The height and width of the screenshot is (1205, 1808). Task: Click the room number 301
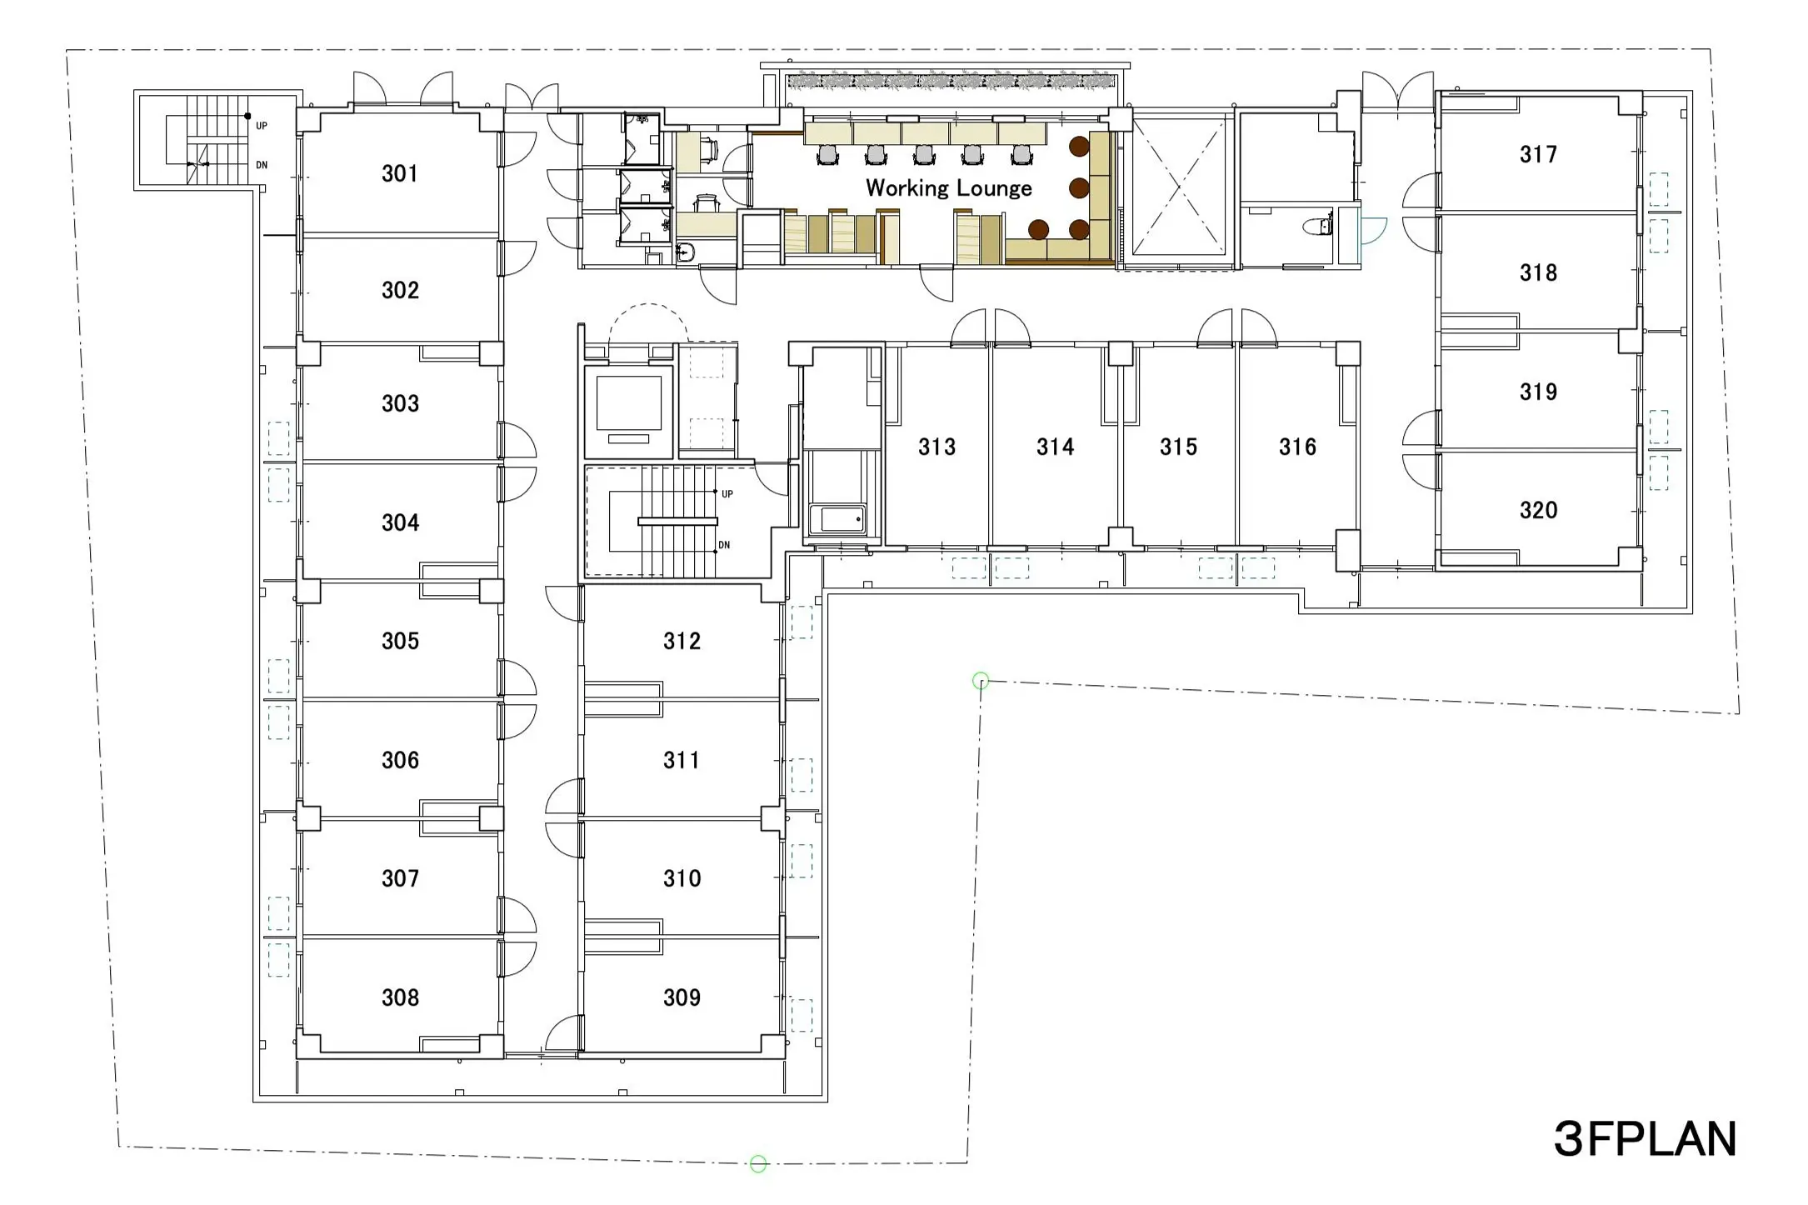pyautogui.click(x=400, y=173)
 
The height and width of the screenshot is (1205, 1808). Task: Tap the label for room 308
pyautogui.click(x=400, y=997)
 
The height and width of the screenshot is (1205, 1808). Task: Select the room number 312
pyautogui.click(x=682, y=641)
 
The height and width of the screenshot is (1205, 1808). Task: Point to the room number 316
pyautogui.click(x=1297, y=447)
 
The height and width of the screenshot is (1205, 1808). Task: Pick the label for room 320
pyautogui.click(x=1538, y=510)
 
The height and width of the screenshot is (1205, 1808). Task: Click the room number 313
pyautogui.click(x=936, y=447)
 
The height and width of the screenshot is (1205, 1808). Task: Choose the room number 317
pyautogui.click(x=1538, y=154)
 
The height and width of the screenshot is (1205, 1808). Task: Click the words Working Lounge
pyautogui.click(x=949, y=188)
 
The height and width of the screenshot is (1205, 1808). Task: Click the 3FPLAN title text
pyautogui.click(x=1646, y=1139)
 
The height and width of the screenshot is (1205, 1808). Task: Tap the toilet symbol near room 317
pyautogui.click(x=1317, y=226)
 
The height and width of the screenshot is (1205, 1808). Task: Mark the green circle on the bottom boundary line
pyautogui.click(x=758, y=1164)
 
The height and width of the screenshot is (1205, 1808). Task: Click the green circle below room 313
pyautogui.click(x=981, y=681)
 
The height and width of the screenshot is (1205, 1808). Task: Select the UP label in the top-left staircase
pyautogui.click(x=262, y=127)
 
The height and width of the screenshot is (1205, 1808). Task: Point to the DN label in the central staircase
pyautogui.click(x=724, y=545)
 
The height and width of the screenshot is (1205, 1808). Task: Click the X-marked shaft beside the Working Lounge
pyautogui.click(x=1178, y=187)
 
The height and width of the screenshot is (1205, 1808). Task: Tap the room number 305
pyautogui.click(x=400, y=641)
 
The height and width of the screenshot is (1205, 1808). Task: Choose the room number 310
pyautogui.click(x=682, y=878)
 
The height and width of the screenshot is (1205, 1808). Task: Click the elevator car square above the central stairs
pyautogui.click(x=629, y=403)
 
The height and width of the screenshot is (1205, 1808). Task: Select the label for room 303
pyautogui.click(x=400, y=404)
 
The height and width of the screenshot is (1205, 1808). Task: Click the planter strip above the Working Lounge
pyautogui.click(x=951, y=82)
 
